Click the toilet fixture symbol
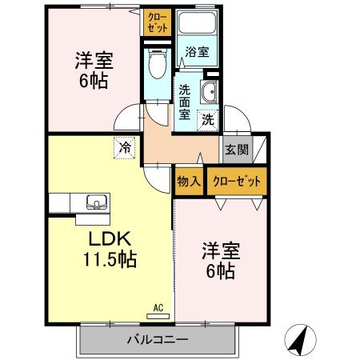[x=158, y=59]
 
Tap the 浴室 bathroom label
[x=198, y=53]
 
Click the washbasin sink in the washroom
[x=210, y=90]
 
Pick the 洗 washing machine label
[x=207, y=121]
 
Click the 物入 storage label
[x=189, y=181]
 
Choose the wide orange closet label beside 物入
[x=238, y=181]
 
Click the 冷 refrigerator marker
[x=125, y=147]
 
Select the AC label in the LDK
[x=158, y=307]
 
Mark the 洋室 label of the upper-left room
[x=93, y=60]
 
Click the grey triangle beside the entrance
[x=260, y=148]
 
